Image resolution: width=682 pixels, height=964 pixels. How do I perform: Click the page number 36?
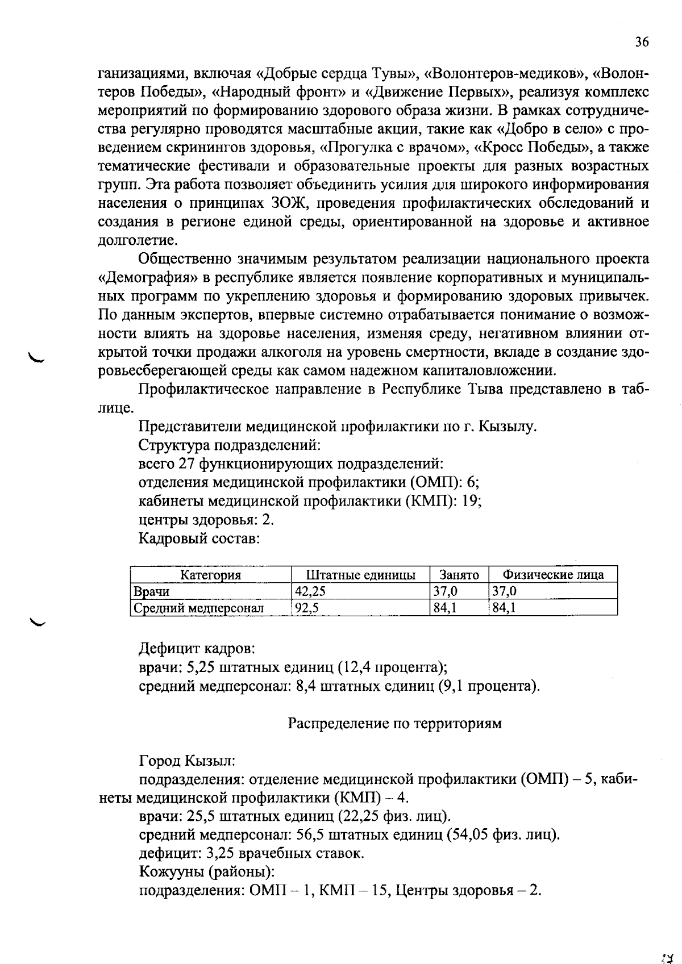642,42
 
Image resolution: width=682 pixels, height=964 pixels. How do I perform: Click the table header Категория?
210,575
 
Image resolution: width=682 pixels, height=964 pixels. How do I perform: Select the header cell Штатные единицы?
361,575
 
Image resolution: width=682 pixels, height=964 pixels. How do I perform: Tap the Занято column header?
459,575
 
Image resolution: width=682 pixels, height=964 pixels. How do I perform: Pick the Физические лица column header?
554,575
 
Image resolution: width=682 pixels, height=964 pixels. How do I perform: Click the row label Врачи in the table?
151,591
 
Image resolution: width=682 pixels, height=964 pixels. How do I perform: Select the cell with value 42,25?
310,591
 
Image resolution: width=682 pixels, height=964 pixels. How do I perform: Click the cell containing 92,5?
307,608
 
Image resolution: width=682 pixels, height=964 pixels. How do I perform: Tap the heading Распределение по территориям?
395,723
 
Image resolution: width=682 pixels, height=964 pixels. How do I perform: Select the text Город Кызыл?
187,760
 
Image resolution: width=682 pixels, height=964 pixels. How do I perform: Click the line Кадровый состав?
199,538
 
